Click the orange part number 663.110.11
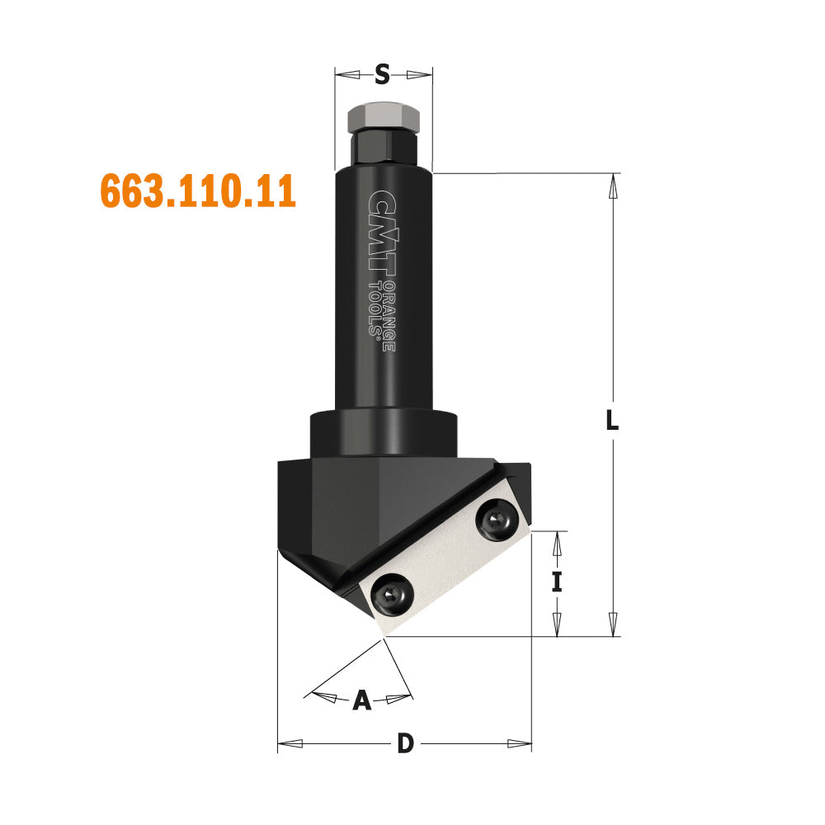click(x=198, y=191)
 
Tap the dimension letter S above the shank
click(x=383, y=75)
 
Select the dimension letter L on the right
click(x=612, y=420)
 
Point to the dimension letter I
click(x=557, y=582)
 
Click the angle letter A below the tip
click(x=362, y=700)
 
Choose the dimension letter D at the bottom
click(x=405, y=743)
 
